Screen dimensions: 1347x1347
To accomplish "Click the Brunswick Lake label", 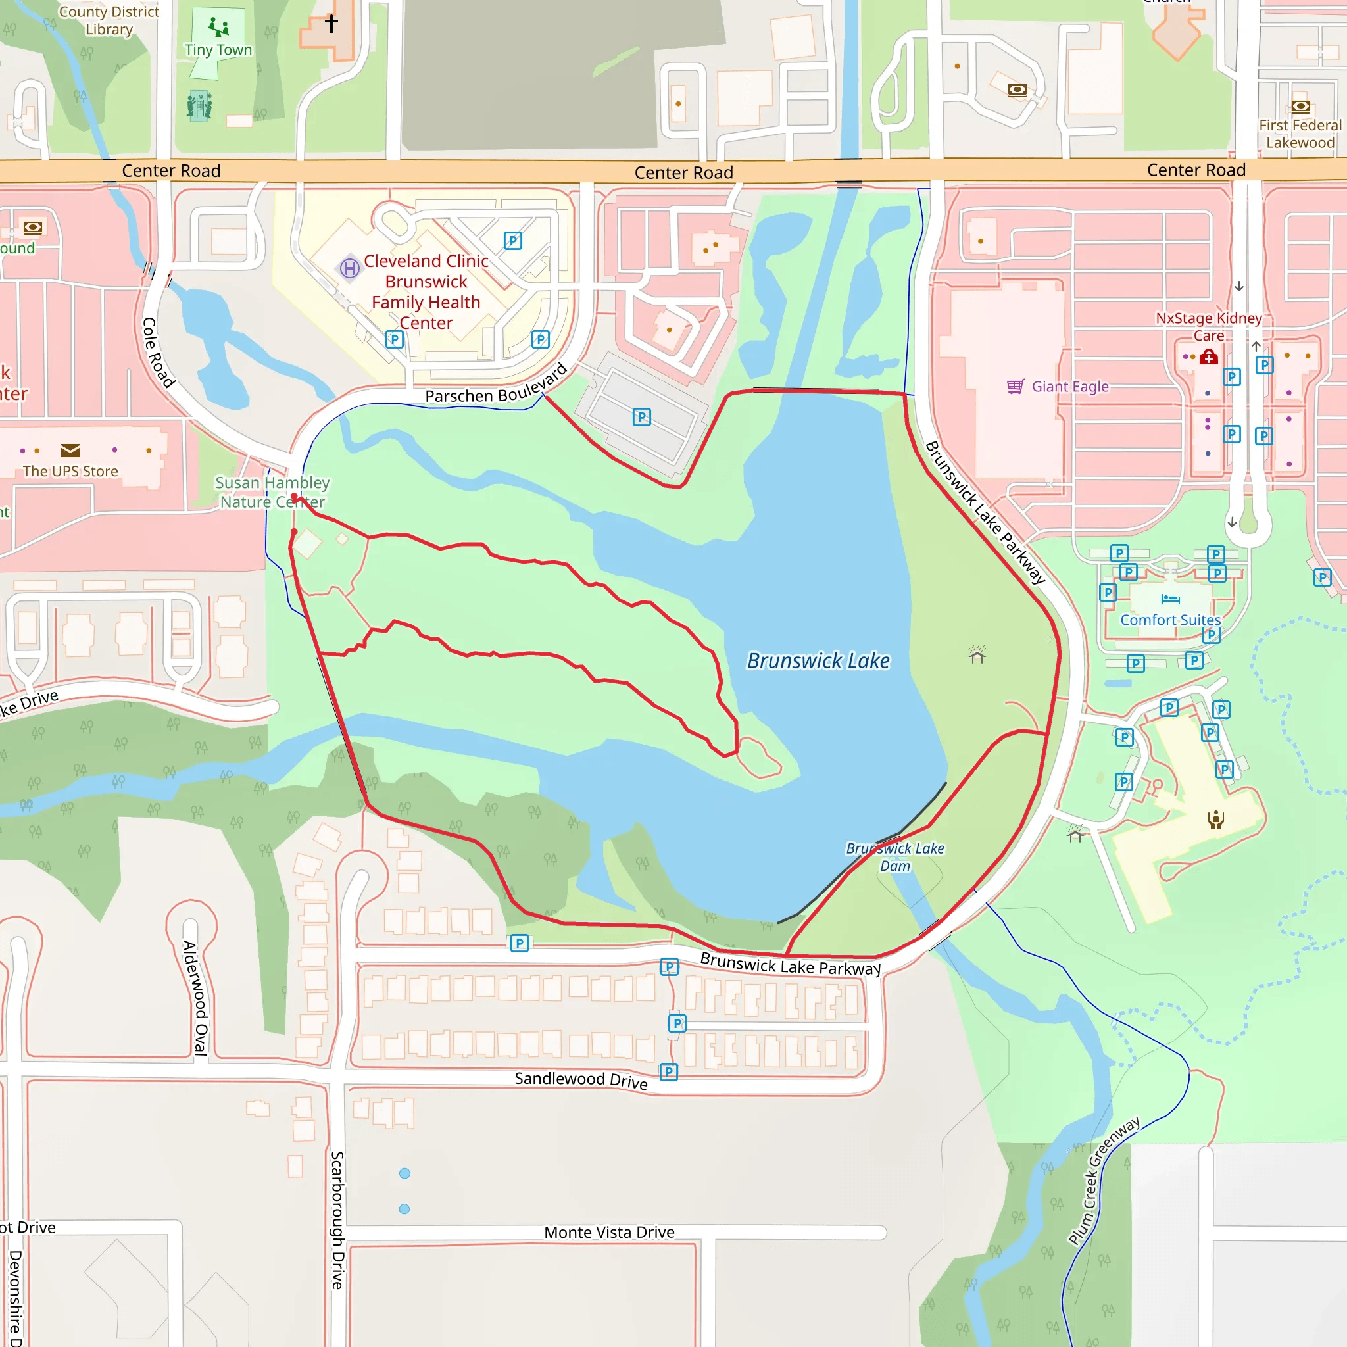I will tap(818, 660).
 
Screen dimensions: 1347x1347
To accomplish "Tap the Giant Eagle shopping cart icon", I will tap(1015, 386).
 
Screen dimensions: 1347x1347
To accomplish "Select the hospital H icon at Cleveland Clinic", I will tap(350, 268).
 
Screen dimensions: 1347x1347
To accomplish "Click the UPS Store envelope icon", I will tap(70, 451).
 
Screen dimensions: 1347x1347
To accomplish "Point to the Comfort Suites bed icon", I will tap(1170, 599).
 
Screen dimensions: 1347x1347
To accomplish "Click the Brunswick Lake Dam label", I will tap(894, 857).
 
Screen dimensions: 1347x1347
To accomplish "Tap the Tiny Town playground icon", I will tap(218, 27).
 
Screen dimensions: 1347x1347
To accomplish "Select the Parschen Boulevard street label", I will tap(496, 387).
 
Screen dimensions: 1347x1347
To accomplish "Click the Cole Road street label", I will tap(158, 352).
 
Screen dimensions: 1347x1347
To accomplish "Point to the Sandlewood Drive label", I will tap(581, 1080).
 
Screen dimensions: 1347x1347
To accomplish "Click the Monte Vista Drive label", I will tap(608, 1232).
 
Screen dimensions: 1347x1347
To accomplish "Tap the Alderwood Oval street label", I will tap(196, 998).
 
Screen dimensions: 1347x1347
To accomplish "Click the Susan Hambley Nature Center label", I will tap(272, 492).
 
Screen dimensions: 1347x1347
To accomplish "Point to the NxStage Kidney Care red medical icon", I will tap(1208, 358).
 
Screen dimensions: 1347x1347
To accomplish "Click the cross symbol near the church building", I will tap(331, 23).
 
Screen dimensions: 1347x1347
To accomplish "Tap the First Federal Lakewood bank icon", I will tap(1300, 107).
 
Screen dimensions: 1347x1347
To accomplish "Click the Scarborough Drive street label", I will tap(337, 1220).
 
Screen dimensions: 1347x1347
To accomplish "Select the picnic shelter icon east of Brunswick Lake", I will tap(977, 654).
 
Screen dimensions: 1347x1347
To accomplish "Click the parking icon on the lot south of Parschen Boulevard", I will tap(641, 417).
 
